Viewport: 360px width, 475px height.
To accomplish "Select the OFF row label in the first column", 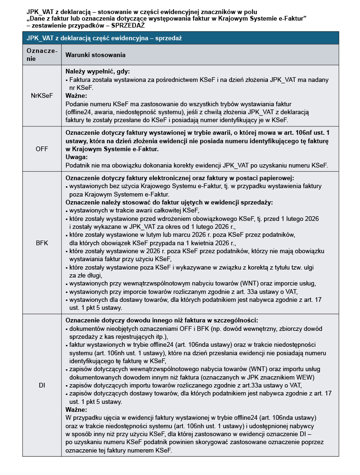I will coord(42,149).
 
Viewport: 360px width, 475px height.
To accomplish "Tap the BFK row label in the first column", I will coord(42,243).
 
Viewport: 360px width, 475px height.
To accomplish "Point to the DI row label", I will coord(42,385).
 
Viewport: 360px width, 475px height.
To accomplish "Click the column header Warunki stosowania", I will coord(95,55).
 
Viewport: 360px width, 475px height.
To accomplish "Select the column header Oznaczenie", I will coord(42,55).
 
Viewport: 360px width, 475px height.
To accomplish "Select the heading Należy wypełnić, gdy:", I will coord(97,72).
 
